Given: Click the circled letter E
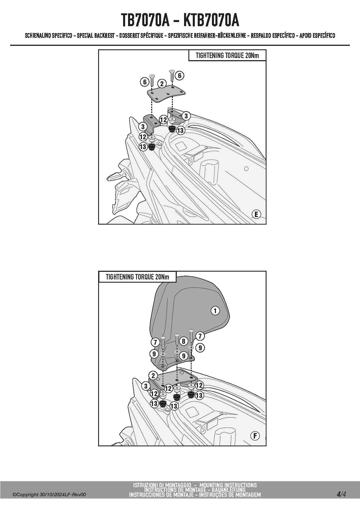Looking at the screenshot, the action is [256, 214].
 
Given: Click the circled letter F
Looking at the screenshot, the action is [255, 436].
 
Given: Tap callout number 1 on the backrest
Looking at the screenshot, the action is [215, 311].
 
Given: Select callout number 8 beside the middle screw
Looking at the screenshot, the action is [183, 341].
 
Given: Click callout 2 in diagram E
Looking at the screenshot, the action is [162, 84].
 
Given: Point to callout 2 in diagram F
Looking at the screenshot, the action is [153, 376].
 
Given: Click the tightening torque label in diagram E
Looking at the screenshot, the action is [227, 55].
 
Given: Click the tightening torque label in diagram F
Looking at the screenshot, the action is [137, 277].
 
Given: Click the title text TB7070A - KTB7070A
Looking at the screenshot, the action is [180, 20].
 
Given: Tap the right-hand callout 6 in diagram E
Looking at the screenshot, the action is [180, 75].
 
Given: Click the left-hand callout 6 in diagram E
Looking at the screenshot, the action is [145, 82].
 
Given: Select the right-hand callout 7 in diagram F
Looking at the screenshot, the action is [200, 336].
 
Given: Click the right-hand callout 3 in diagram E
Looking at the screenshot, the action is [186, 116].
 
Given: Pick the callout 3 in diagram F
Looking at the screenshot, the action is [146, 386].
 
